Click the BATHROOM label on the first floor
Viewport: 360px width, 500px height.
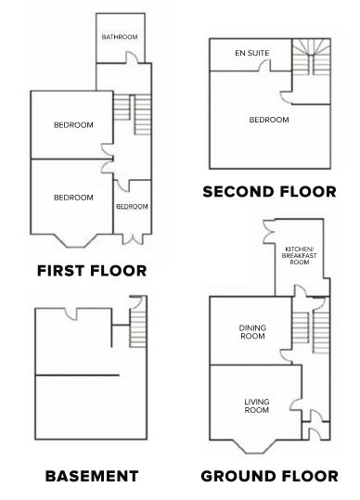click(x=120, y=37)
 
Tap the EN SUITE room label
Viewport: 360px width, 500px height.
click(x=251, y=53)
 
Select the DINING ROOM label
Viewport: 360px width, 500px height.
click(x=252, y=332)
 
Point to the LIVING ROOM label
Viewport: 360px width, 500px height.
click(x=257, y=406)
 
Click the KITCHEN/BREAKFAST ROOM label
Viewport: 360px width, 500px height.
click(x=299, y=255)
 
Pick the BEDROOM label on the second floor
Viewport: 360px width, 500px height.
click(x=269, y=120)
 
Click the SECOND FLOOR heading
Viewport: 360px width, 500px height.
click(x=269, y=192)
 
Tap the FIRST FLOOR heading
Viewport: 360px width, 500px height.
click(x=92, y=271)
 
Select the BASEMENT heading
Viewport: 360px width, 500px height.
click(x=92, y=476)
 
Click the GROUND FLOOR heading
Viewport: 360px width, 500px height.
click(x=269, y=476)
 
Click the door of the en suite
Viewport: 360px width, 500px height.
click(x=264, y=66)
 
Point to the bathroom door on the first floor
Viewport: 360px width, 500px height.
click(x=133, y=58)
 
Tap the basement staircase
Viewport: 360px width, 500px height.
click(x=138, y=328)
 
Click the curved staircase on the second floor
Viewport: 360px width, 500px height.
click(x=311, y=58)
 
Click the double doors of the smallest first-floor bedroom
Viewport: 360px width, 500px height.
click(x=133, y=238)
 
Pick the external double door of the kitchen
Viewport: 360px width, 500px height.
click(x=268, y=232)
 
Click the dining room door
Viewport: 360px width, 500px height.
click(x=286, y=356)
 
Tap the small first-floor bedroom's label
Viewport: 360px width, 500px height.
click(x=132, y=207)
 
